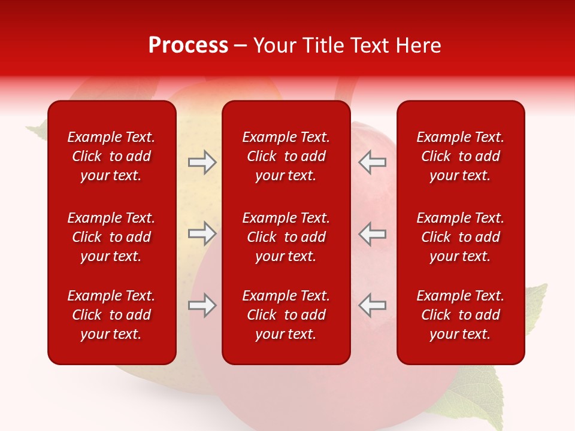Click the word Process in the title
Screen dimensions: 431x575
pos(188,45)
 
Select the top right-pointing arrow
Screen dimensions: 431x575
pos(202,162)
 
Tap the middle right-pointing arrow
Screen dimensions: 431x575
pos(202,233)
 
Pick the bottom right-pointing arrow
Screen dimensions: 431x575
pos(202,305)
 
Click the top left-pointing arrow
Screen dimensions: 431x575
pos(372,162)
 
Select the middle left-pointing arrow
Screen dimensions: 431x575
pos(372,233)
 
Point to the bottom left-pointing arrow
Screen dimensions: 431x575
pos(372,305)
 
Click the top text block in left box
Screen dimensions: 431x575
pos(111,156)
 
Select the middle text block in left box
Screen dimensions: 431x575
pos(111,237)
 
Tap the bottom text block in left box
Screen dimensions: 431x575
pos(111,315)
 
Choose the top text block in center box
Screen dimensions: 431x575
pos(286,156)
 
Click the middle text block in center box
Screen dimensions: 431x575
pos(286,237)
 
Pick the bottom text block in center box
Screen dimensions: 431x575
pos(286,315)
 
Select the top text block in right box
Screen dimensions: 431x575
pos(460,156)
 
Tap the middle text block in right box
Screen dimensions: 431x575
pos(460,237)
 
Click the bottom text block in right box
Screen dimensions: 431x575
pos(460,315)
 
